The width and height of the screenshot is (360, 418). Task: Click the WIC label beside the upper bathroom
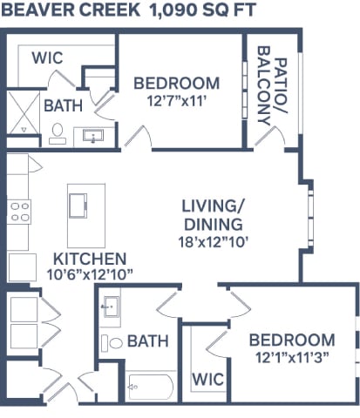pyautogui.click(x=47, y=58)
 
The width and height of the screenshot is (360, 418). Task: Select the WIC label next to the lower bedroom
pyautogui.click(x=207, y=380)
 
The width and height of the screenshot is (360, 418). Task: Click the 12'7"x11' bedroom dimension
pyautogui.click(x=175, y=100)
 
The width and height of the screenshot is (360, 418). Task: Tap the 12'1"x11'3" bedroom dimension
pyautogui.click(x=291, y=357)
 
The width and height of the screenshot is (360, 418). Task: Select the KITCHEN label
pyautogui.click(x=91, y=259)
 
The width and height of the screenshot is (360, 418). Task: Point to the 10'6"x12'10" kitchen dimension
pyautogui.click(x=90, y=275)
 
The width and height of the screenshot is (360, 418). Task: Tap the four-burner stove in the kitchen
pyautogui.click(x=19, y=212)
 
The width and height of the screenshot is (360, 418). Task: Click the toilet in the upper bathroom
pyautogui.click(x=57, y=133)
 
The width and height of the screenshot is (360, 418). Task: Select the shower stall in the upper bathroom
pyautogui.click(x=22, y=116)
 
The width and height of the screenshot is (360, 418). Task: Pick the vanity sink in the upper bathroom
pyautogui.click(x=92, y=136)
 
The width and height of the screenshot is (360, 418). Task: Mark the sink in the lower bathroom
pyautogui.click(x=111, y=306)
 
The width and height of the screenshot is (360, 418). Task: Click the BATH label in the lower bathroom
pyautogui.click(x=148, y=341)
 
